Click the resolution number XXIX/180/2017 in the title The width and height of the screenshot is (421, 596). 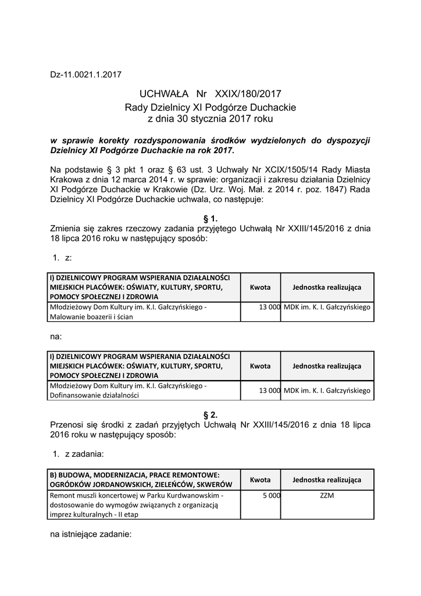click(x=248, y=93)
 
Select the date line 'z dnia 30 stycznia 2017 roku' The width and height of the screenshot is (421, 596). click(x=210, y=119)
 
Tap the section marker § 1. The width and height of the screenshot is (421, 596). click(x=210, y=218)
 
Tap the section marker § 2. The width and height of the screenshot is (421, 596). click(x=210, y=414)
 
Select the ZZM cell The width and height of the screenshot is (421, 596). click(x=327, y=495)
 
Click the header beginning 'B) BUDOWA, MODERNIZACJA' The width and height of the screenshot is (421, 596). click(x=142, y=480)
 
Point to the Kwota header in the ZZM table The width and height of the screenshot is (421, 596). click(x=260, y=480)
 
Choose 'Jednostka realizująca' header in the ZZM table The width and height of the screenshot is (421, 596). click(x=327, y=480)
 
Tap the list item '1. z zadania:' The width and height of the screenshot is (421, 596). click(x=78, y=453)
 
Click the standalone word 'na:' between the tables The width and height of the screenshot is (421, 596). click(x=56, y=336)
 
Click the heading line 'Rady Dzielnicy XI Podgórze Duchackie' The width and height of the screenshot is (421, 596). click(x=210, y=107)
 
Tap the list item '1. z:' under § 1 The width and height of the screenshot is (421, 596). click(x=62, y=257)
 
